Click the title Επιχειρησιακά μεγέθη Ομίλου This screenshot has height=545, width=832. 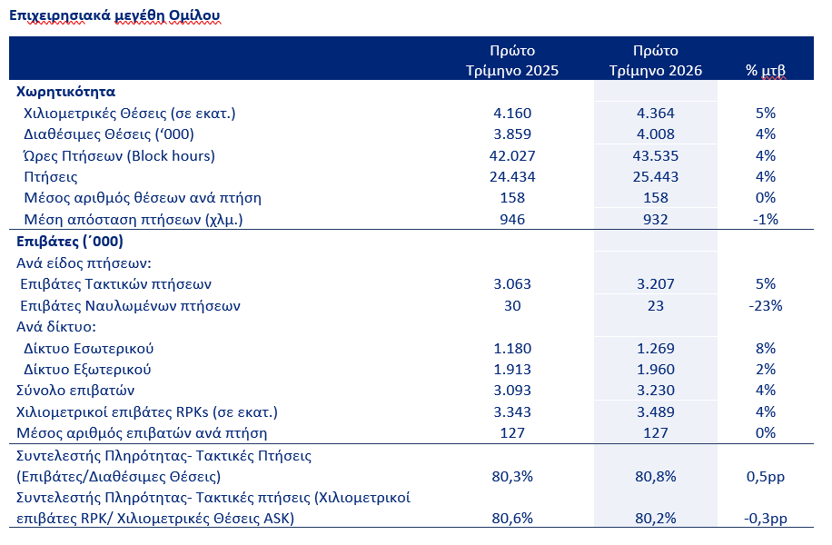(x=114, y=16)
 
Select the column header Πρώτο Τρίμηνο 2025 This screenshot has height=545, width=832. (x=512, y=61)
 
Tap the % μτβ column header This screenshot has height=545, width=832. (x=765, y=71)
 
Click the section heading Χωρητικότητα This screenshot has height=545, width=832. (x=65, y=92)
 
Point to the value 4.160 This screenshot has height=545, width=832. (x=512, y=113)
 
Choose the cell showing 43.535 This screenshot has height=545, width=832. (x=655, y=156)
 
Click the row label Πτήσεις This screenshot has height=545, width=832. (x=50, y=177)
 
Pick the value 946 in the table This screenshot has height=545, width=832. (x=512, y=220)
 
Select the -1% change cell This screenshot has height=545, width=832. (x=765, y=220)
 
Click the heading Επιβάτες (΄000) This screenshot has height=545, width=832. (x=70, y=242)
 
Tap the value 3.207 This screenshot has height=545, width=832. (x=655, y=284)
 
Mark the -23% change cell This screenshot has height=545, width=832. (x=765, y=306)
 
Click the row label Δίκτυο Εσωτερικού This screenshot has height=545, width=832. (x=89, y=349)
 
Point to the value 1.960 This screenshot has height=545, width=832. (x=655, y=370)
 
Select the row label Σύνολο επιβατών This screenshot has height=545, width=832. (x=75, y=391)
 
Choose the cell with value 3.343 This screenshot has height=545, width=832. (x=512, y=411)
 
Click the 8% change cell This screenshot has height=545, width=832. (x=765, y=349)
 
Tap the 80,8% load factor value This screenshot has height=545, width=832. (x=655, y=477)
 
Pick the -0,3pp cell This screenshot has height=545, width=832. (x=765, y=519)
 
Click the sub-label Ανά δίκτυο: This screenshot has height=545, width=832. (x=56, y=327)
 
